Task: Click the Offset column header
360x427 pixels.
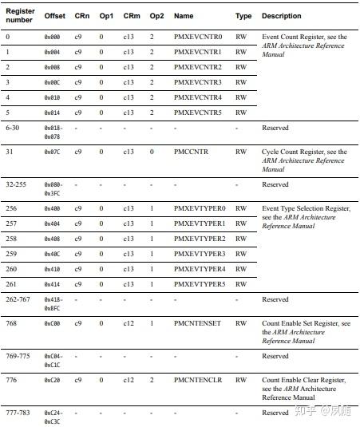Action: pos(55,16)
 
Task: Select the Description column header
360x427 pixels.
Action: pos(281,16)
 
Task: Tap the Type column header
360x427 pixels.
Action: pos(243,16)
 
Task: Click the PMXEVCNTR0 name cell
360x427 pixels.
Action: pos(198,37)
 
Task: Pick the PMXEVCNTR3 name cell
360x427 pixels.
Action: pos(198,82)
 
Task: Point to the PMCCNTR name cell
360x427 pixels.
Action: pos(192,152)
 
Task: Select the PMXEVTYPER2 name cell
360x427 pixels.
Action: pos(200,239)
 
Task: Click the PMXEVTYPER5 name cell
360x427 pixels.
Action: pos(200,284)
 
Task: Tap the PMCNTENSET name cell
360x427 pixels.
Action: pos(196,323)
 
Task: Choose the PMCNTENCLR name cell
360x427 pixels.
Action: pos(196,380)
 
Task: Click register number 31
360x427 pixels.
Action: pos(9,152)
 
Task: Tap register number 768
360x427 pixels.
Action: pos(10,323)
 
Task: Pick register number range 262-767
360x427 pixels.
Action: pos(18,299)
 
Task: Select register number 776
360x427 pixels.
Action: pos(10,380)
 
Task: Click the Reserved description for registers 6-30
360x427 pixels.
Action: pos(275,128)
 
